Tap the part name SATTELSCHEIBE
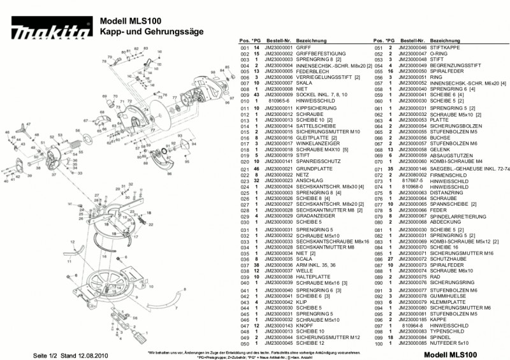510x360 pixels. pos(312,126)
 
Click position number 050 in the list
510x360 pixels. pos(243,344)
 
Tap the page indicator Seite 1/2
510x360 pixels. pos(46,354)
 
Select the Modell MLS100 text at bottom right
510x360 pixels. pos(450,354)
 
